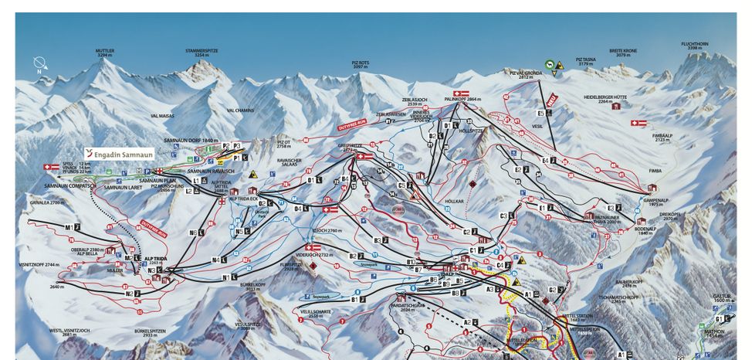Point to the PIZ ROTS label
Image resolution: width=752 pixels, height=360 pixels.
[361, 65]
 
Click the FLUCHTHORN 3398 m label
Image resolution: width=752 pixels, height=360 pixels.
[695, 46]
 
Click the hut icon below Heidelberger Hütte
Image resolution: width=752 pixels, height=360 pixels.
[615, 106]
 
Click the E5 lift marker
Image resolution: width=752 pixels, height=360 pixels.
[540, 114]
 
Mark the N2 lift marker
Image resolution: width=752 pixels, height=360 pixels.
[135, 294]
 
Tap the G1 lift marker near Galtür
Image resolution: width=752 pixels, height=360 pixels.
[721, 318]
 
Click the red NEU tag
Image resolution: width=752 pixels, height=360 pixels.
[551, 100]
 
